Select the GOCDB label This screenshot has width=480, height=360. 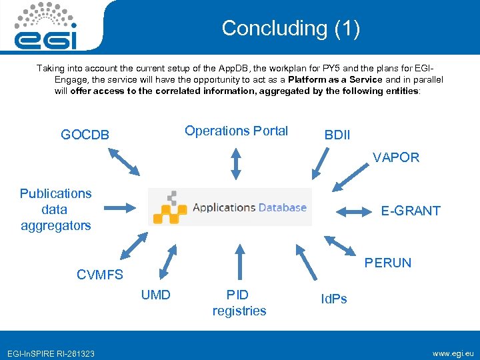click(85, 135)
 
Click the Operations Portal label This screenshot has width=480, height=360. click(236, 131)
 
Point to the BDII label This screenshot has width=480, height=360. click(337, 135)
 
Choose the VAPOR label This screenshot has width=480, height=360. click(395, 157)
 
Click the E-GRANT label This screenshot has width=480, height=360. click(410, 211)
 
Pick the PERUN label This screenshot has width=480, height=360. click(387, 263)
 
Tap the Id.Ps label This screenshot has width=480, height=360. click(333, 299)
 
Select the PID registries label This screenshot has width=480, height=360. click(239, 303)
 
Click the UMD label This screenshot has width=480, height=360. click(155, 295)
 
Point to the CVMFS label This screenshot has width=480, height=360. click(100, 275)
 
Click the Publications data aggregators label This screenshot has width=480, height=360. click(55, 209)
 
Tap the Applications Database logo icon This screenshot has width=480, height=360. click(169, 207)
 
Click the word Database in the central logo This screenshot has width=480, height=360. click(283, 207)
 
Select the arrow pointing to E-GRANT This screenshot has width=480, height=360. click(353, 212)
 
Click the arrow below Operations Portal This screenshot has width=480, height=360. click(235, 163)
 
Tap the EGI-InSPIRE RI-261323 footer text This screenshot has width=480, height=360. click(50, 353)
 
